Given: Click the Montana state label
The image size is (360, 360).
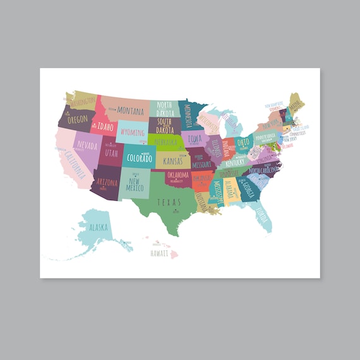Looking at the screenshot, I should [x=130, y=110].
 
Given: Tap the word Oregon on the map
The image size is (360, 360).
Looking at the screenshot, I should [x=77, y=119].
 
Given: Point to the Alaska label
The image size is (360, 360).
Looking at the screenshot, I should [x=99, y=227].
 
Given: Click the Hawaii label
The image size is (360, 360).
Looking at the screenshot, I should [x=159, y=253].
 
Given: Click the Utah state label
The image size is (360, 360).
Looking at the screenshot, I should [x=111, y=152].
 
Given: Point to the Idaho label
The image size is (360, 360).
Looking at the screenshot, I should [x=105, y=126].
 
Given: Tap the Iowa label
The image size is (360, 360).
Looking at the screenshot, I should [x=195, y=138].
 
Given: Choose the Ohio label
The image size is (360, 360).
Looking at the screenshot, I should [x=243, y=141].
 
